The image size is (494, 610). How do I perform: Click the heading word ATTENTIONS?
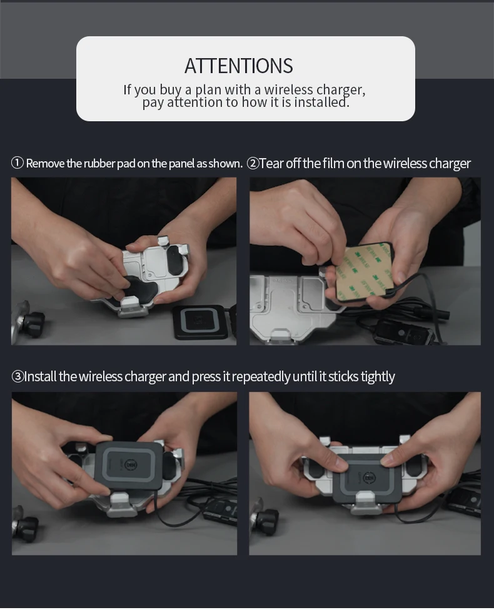[x=239, y=66]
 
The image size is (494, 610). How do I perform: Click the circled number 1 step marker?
[x=18, y=163]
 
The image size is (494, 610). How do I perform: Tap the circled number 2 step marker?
[x=253, y=163]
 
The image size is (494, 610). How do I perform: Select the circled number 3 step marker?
[x=18, y=377]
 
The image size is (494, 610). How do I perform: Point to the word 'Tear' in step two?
[x=272, y=163]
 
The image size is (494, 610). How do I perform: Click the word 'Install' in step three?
[x=41, y=377]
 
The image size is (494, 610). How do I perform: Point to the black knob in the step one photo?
[x=34, y=323]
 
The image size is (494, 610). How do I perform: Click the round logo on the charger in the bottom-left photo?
[x=131, y=464]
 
